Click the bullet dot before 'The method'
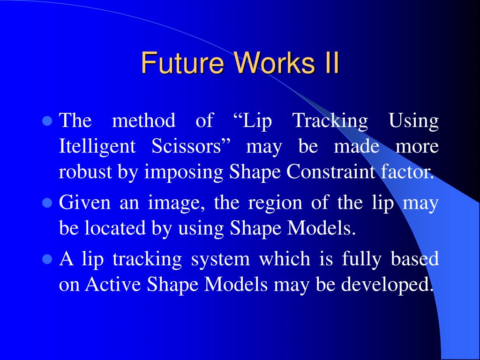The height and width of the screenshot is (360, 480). click(47, 121)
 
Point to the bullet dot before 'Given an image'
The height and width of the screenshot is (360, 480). click(47, 203)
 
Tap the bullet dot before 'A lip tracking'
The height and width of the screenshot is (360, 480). click(47, 259)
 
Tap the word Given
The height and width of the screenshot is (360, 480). click(84, 202)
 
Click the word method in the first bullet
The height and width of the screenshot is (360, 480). click(143, 120)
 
